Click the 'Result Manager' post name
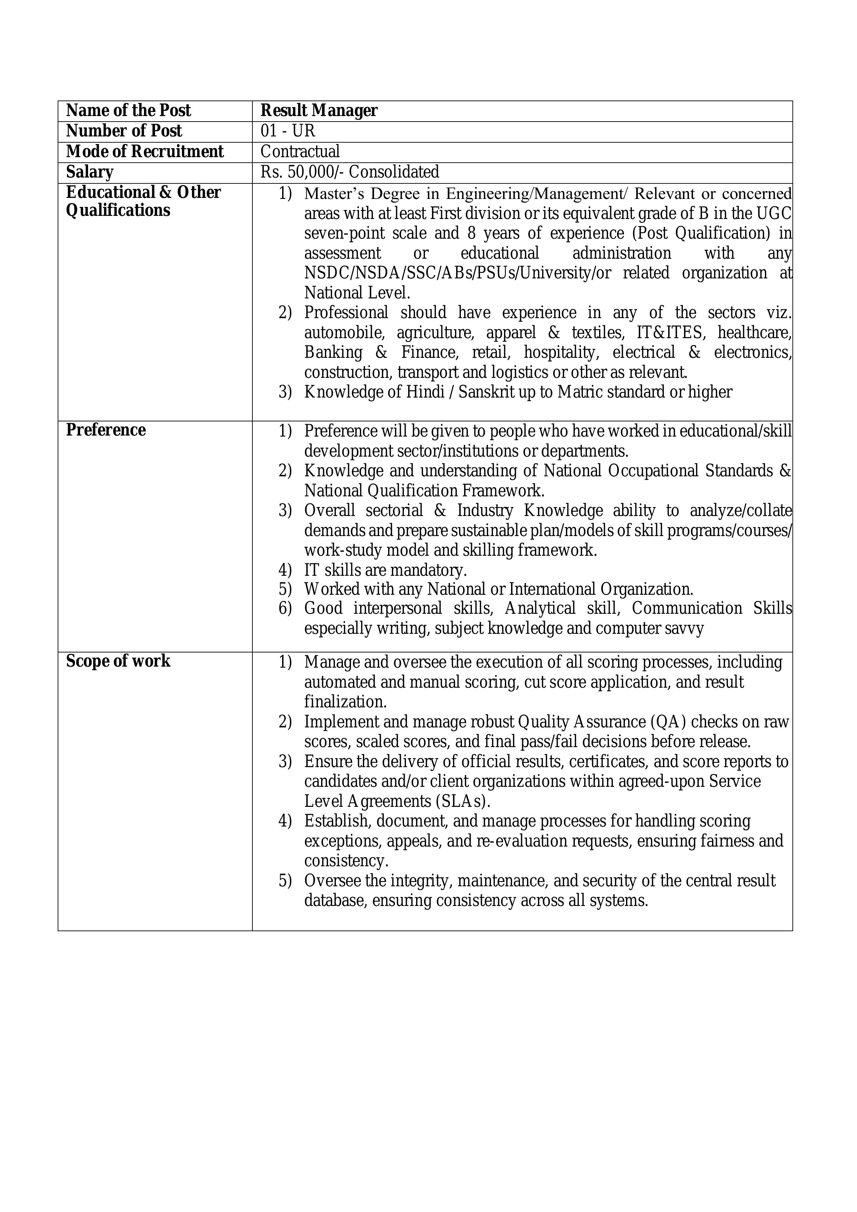[319, 111]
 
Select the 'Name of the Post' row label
[128, 111]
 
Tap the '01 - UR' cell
[288, 131]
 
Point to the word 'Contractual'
[300, 152]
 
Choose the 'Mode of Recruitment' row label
[145, 152]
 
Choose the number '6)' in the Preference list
[285, 609]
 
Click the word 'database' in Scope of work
[335, 900]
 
